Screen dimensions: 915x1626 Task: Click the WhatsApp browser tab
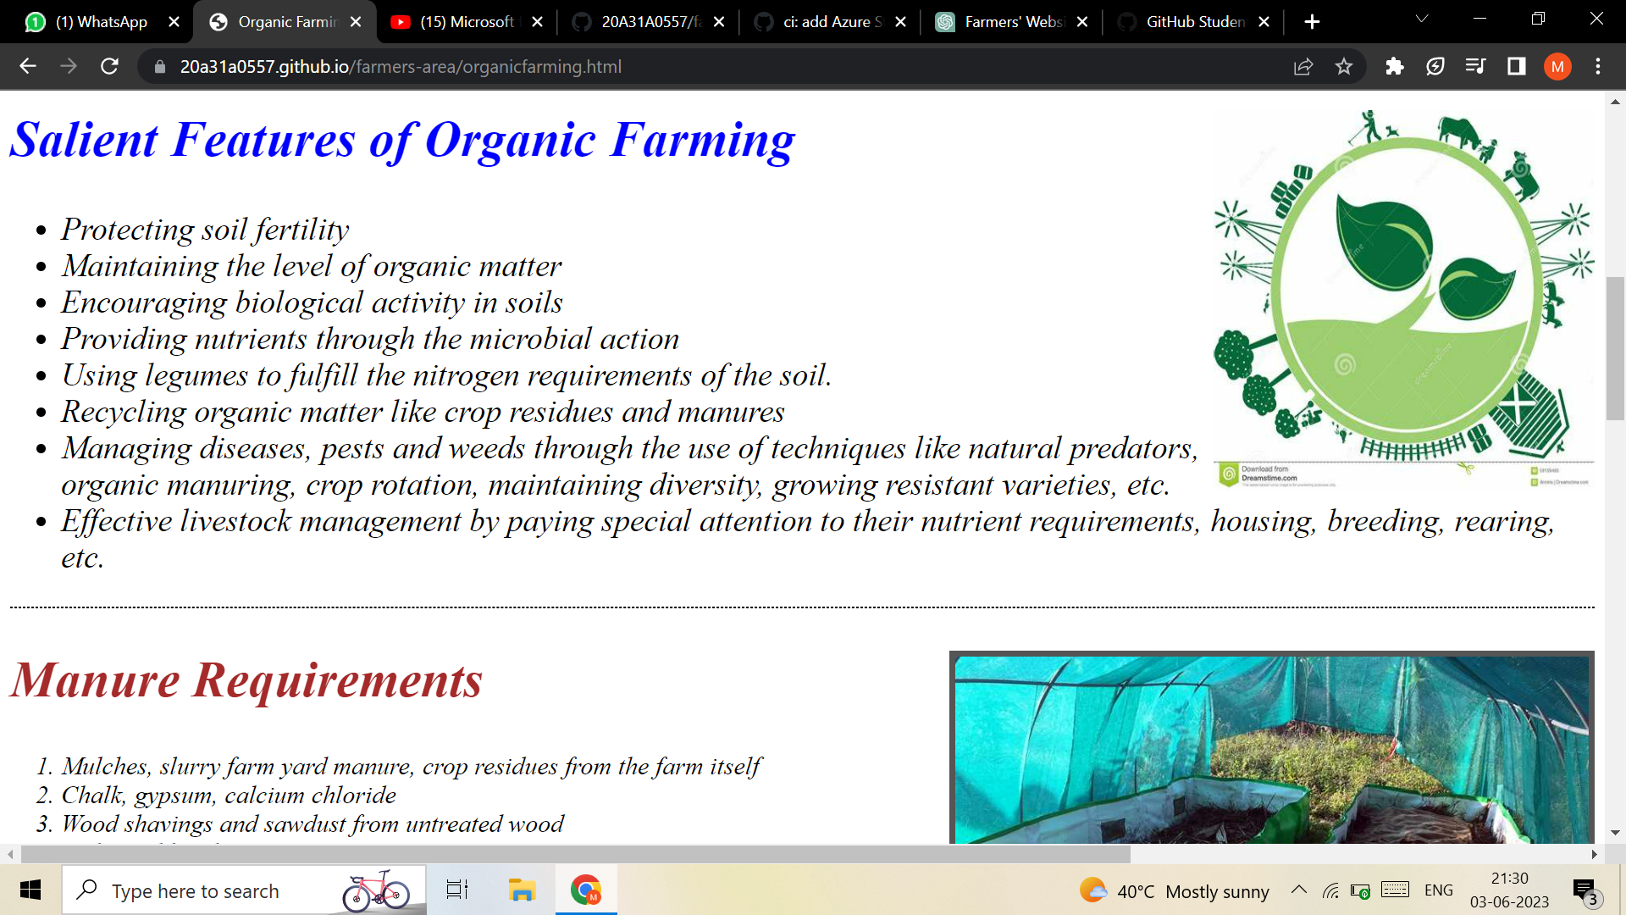click(x=100, y=22)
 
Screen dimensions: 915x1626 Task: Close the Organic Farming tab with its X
click(x=356, y=22)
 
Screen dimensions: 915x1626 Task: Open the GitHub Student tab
click(x=1194, y=22)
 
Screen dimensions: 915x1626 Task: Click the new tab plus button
click(x=1312, y=22)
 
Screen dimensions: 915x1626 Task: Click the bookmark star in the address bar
click(x=1344, y=66)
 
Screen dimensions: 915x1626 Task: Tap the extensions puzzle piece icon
click(x=1394, y=66)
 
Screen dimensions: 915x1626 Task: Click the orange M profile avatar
click(x=1557, y=66)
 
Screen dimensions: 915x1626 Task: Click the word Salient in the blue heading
click(x=84, y=140)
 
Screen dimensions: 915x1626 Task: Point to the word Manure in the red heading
click(x=95, y=680)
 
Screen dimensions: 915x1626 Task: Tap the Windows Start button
click(x=30, y=890)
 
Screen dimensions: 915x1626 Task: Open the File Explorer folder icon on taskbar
click(x=522, y=890)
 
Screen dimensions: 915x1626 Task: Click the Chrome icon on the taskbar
click(x=585, y=890)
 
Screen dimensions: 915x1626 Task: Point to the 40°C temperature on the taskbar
click(x=1135, y=891)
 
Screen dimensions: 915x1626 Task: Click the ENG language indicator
click(x=1438, y=890)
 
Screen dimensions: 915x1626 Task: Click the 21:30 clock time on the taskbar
click(x=1509, y=879)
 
